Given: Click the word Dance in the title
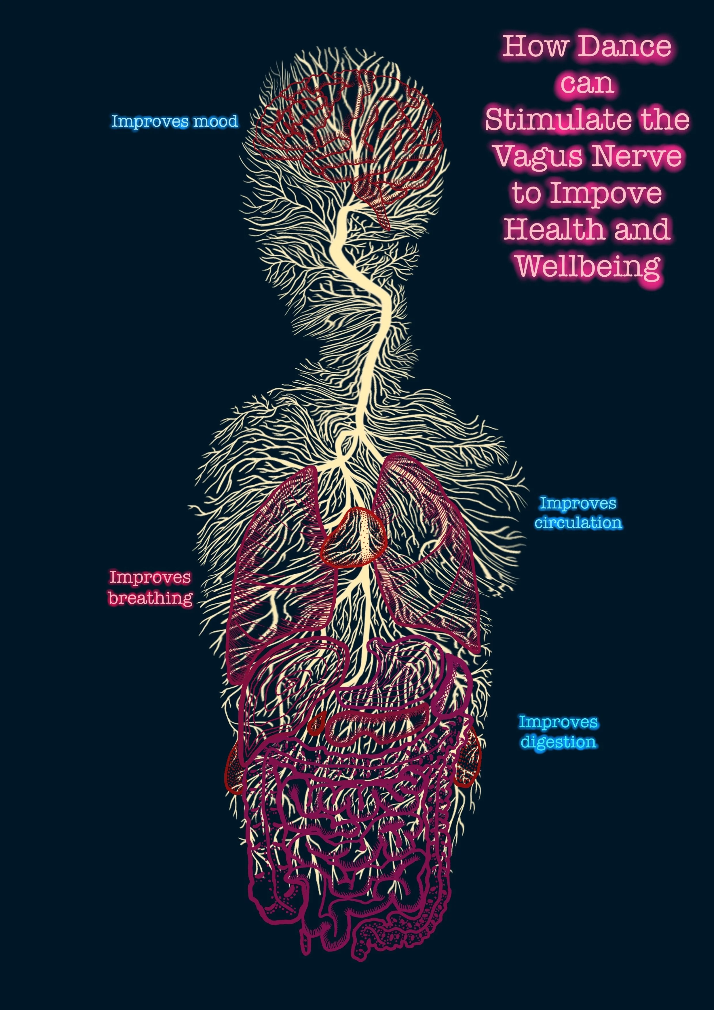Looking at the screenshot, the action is [625, 46].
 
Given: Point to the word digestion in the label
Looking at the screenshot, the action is [558, 742].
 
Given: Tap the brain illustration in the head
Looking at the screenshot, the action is [347, 128].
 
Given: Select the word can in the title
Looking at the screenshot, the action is [587, 83].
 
